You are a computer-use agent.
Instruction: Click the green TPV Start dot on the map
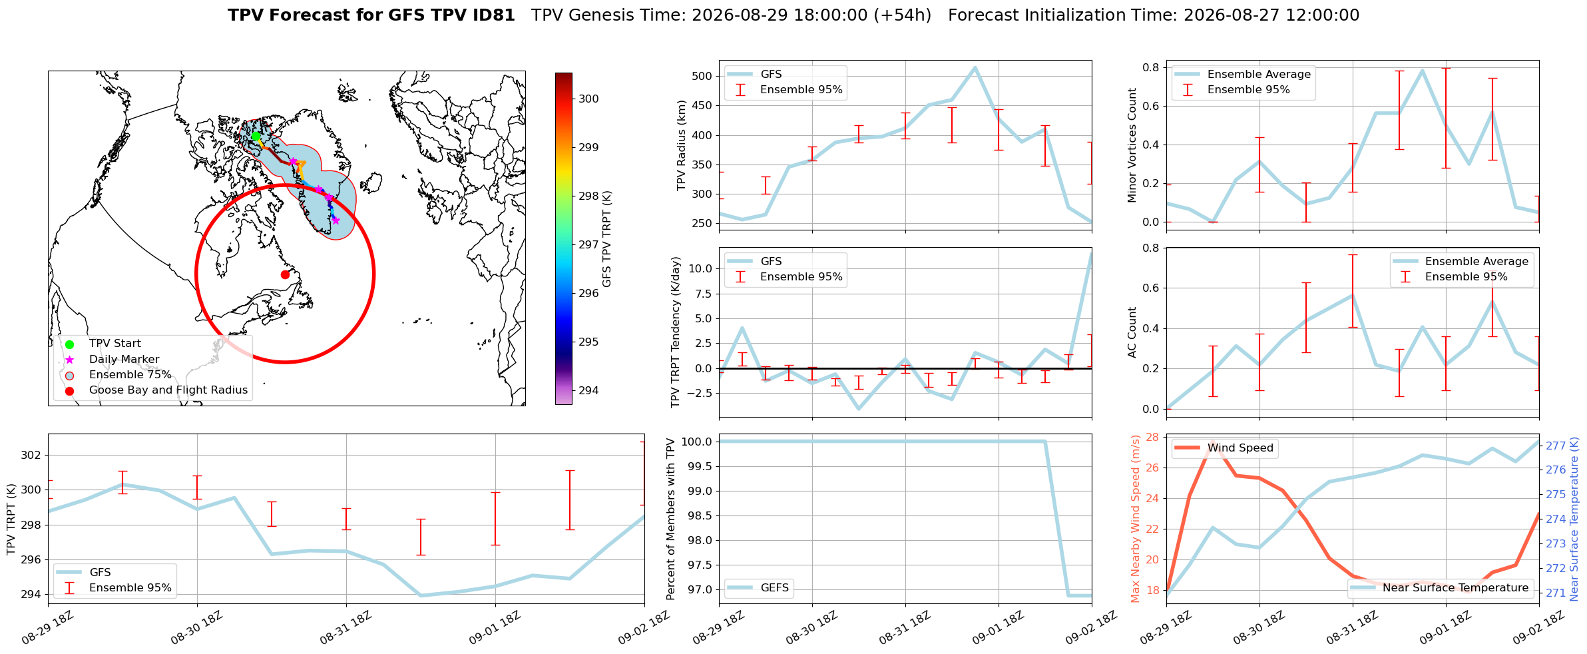256,136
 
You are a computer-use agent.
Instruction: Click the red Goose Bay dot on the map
285,274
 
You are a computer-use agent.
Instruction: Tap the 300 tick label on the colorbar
588,99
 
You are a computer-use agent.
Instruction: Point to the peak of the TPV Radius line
975,67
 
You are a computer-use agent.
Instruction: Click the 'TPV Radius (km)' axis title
681,145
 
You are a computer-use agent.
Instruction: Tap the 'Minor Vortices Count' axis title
1132,145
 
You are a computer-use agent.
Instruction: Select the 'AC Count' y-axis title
1132,332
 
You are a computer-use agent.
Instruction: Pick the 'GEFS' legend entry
759,587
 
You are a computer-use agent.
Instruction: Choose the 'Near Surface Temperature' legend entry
1441,587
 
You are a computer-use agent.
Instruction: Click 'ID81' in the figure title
494,15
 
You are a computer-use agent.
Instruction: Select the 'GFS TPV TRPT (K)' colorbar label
607,239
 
